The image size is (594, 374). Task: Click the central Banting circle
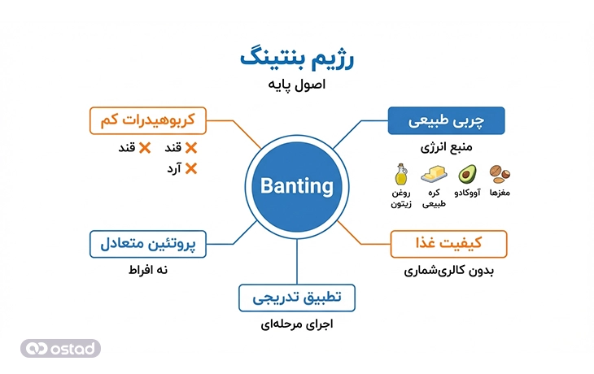[297, 186]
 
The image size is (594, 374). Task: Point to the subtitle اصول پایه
[298, 85]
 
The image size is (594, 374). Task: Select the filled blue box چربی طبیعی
[446, 122]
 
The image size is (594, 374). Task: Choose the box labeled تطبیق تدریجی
[296, 298]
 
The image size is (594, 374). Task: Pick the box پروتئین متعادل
[146, 243]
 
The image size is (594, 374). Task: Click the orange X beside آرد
[191, 169]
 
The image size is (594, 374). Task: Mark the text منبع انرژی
[446, 149]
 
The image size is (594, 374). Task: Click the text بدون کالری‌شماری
[448, 270]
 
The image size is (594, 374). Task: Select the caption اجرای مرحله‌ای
[296, 324]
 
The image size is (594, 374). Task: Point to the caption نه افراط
[147, 269]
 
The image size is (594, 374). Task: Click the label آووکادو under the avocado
[466, 193]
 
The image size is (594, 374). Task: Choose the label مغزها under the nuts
[498, 193]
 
